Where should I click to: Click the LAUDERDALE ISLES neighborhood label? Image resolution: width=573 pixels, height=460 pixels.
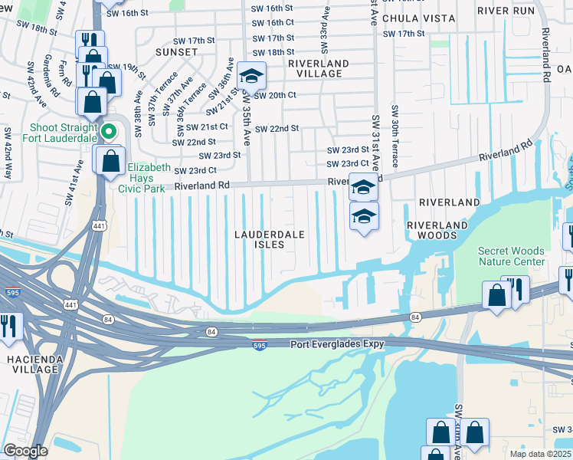pyautogui.click(x=259, y=239)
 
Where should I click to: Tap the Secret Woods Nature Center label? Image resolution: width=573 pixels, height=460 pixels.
pyautogui.click(x=511, y=256)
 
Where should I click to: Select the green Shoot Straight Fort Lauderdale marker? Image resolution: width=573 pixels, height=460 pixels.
pyautogui.click(x=109, y=132)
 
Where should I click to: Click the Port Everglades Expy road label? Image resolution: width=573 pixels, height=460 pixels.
pyautogui.click(x=337, y=344)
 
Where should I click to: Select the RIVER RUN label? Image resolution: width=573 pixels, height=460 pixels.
pyautogui.click(x=503, y=11)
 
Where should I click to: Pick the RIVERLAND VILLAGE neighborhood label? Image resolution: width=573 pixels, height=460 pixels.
pyautogui.click(x=319, y=68)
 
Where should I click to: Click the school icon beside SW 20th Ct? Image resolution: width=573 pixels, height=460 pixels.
pyautogui.click(x=251, y=76)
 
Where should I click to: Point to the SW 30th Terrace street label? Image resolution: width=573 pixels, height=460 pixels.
pyautogui.click(x=395, y=136)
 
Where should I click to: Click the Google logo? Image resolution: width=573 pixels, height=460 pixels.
pyautogui.click(x=25, y=451)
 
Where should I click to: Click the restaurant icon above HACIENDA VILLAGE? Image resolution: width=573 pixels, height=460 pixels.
pyautogui.click(x=9, y=326)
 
